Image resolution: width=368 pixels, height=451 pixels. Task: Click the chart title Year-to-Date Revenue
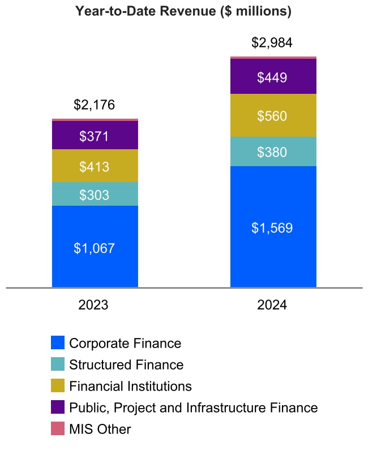(x=183, y=11)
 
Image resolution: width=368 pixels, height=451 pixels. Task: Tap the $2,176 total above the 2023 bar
(x=95, y=105)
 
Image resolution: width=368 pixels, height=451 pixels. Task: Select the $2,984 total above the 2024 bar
(x=272, y=42)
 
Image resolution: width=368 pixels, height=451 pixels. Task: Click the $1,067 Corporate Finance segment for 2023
(x=95, y=248)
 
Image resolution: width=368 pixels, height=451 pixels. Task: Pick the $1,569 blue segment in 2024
(x=273, y=227)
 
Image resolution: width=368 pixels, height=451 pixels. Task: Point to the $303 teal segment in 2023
(x=95, y=194)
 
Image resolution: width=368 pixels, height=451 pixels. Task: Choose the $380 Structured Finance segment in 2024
(x=273, y=151)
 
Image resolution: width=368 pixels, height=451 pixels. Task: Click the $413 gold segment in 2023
(x=95, y=166)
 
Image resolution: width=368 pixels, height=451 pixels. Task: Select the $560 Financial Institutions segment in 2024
(x=273, y=116)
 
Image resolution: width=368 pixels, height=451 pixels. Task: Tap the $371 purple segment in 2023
(x=95, y=136)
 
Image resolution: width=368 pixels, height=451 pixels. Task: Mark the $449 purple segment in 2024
(x=273, y=77)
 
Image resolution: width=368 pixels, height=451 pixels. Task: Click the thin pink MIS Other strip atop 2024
(x=273, y=58)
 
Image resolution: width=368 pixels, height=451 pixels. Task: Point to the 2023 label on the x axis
(x=95, y=305)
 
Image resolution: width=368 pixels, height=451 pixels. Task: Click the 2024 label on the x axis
(x=272, y=305)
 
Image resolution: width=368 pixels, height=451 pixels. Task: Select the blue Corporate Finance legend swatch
(x=58, y=343)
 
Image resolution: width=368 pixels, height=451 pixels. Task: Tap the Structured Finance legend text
(x=126, y=365)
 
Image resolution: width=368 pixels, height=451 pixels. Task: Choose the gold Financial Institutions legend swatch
(x=58, y=386)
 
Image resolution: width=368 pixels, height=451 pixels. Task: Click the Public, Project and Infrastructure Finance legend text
(x=193, y=407)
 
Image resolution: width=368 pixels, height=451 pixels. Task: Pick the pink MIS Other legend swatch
(x=58, y=429)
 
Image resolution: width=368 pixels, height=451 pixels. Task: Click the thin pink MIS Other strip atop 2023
(x=95, y=120)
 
